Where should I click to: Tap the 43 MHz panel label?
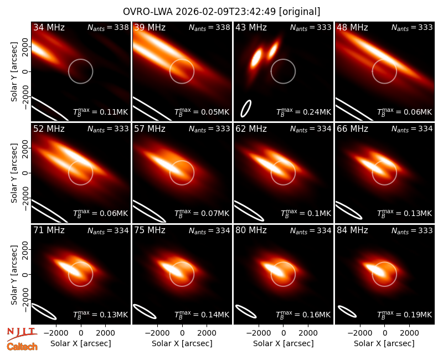tap(251, 27)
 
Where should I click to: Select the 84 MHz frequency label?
tap(352, 230)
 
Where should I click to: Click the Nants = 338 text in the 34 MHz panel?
tap(108, 27)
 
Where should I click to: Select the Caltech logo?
tap(22, 347)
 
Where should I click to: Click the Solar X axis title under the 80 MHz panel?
tap(283, 343)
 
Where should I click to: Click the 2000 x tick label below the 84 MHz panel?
tap(409, 333)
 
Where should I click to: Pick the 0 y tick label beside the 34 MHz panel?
tap(25, 71)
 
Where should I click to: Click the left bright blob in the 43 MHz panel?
tap(256, 59)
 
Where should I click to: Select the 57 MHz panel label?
tap(150, 129)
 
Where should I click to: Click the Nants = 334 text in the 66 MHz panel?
tap(412, 129)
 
